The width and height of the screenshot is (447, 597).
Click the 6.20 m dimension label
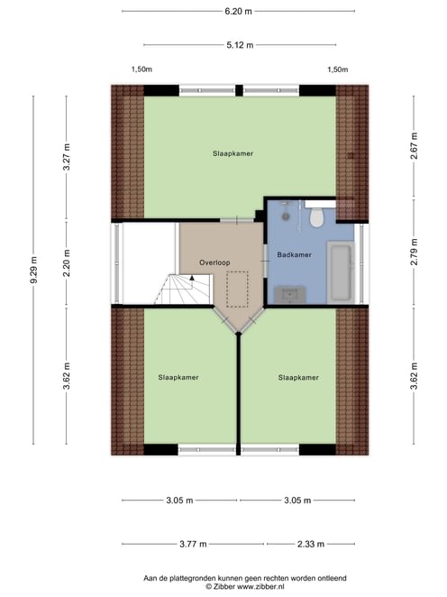pos(238,12)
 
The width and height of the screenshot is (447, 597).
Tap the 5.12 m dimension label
pos(240,45)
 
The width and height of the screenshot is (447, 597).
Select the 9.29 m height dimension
pos(34,270)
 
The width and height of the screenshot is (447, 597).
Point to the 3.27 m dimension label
pos(67,157)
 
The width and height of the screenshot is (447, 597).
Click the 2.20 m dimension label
pos(67,263)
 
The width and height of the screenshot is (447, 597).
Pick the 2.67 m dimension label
pos(415,146)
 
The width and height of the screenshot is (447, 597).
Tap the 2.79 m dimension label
pos(415,252)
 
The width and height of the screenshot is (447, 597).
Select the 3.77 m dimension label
pos(193,544)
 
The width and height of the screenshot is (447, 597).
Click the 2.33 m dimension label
pos(311,544)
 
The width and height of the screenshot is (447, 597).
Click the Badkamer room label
pos(294,254)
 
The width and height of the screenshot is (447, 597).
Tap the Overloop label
pos(214,262)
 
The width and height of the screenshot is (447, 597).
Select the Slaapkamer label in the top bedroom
pos(233,153)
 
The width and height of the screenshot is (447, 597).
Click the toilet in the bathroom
pos(316,217)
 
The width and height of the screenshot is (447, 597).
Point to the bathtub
pos(341,272)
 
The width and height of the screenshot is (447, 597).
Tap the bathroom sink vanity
pos(290,294)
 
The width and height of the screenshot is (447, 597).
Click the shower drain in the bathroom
pos(286,216)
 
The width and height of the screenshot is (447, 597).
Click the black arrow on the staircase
pos(192,278)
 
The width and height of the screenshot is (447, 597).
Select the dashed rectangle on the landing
pos(237,289)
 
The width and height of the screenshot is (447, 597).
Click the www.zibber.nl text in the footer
pos(260,587)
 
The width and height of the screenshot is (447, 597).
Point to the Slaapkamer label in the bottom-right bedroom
pos(298,378)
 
